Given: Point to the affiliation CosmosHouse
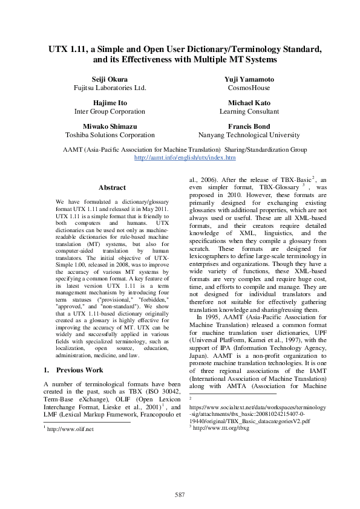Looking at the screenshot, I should [x=249, y=88].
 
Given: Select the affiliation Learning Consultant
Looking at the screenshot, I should [x=249, y=111].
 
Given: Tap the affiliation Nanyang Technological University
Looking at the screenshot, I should [x=249, y=135].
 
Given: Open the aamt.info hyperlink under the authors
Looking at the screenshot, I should [x=185, y=157].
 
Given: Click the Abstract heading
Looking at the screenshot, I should [x=112, y=188].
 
